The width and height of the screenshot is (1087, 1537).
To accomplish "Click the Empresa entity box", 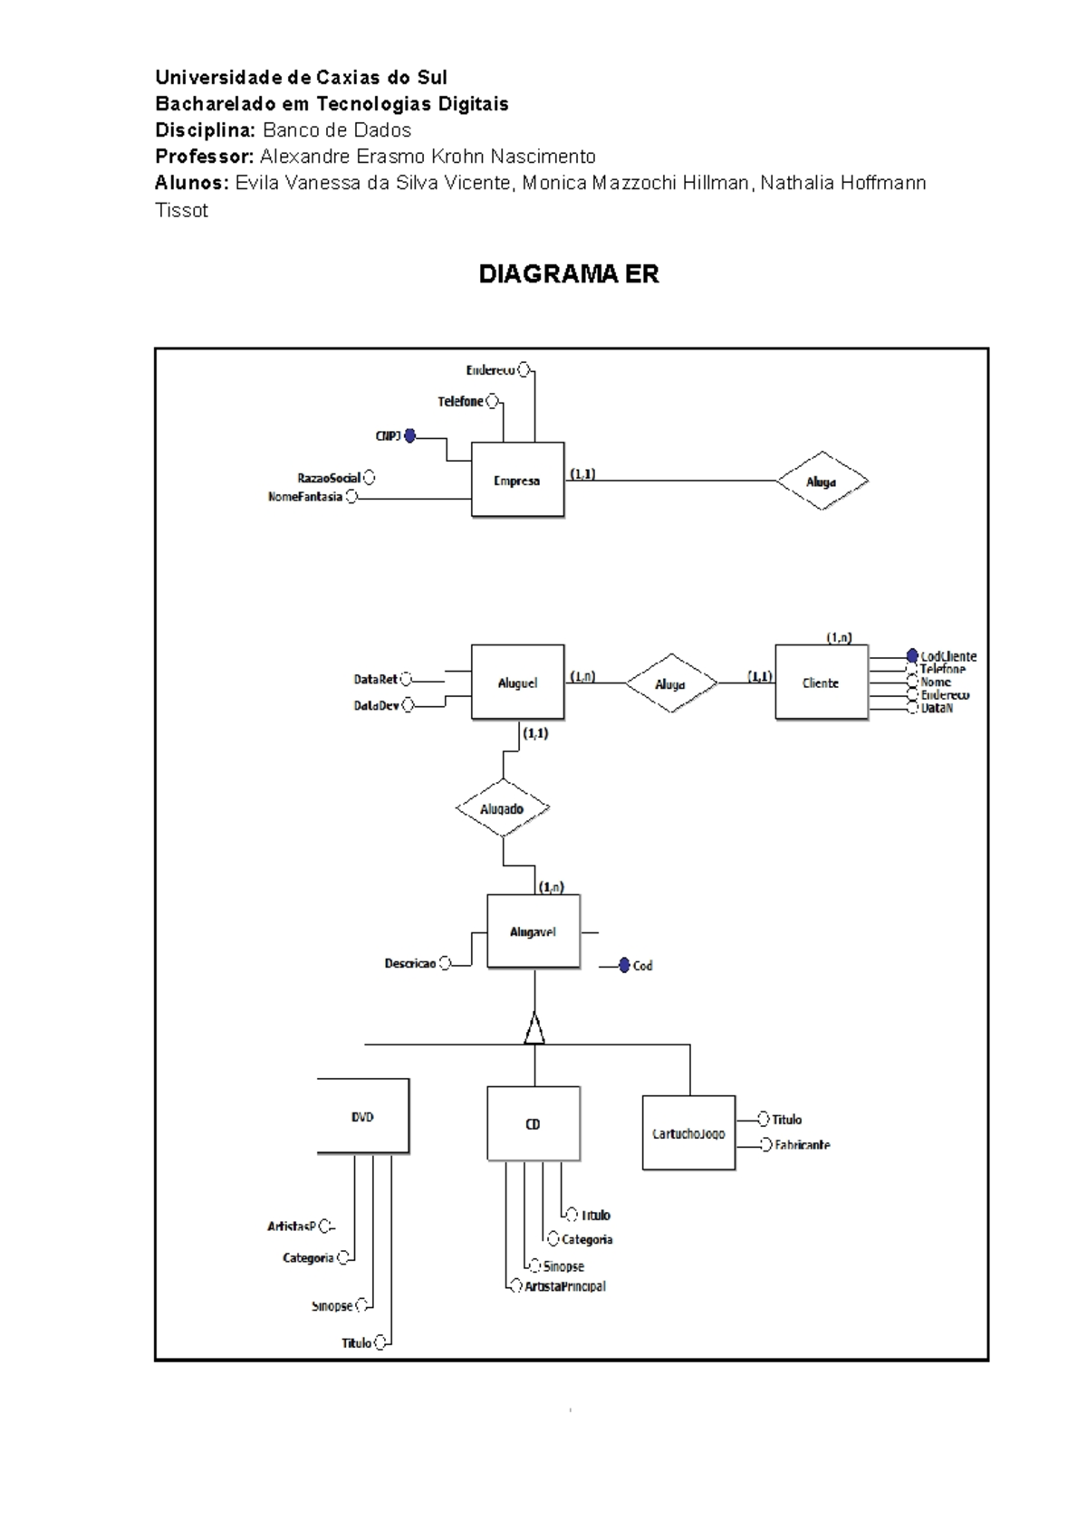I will pyautogui.click(x=517, y=480).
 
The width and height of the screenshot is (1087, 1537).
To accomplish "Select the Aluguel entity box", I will pyautogui.click(x=517, y=683).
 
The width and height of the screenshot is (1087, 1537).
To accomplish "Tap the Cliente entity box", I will pyautogui.click(x=821, y=683).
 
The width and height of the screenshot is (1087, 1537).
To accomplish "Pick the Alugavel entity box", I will pyautogui.click(x=533, y=931).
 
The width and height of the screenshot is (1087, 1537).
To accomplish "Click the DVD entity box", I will pyautogui.click(x=363, y=1116).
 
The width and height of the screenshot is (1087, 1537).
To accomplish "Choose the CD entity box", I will pyautogui.click(x=533, y=1123).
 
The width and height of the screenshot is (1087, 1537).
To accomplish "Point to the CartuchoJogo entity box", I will pyautogui.click(x=688, y=1133).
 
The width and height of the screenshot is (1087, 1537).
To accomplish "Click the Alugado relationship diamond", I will pyautogui.click(x=502, y=808).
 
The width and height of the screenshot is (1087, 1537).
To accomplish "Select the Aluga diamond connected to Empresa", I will pyautogui.click(x=822, y=482).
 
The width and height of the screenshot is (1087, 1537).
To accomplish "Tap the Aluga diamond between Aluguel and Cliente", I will pyautogui.click(x=670, y=684).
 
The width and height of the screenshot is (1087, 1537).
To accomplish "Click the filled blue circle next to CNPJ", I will pyautogui.click(x=409, y=436).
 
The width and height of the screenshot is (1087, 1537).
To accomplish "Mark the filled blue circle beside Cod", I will pyautogui.click(x=624, y=966).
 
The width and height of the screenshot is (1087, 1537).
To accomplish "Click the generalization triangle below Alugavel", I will pyautogui.click(x=534, y=1029).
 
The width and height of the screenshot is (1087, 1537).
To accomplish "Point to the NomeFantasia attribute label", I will pyautogui.click(x=305, y=497).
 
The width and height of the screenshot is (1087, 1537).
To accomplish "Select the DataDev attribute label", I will pyautogui.click(x=376, y=705).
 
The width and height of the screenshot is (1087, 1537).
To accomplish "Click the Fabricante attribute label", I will pyautogui.click(x=803, y=1145).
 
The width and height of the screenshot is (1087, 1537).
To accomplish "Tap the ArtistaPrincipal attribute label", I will pyautogui.click(x=565, y=1286).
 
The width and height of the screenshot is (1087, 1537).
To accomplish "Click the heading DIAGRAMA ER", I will pyautogui.click(x=569, y=274).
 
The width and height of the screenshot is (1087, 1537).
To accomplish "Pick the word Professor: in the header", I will pyautogui.click(x=205, y=157).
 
